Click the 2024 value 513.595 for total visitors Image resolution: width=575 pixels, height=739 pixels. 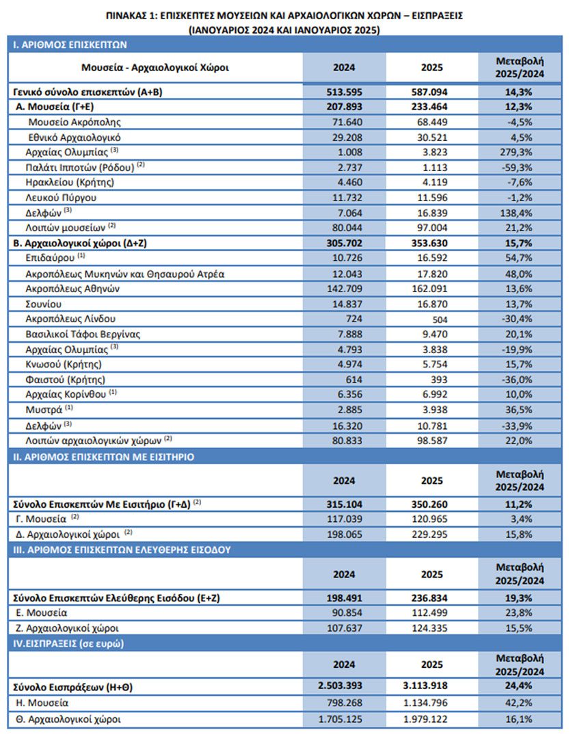click(344, 92)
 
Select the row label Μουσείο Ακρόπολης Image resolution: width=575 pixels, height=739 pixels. click(75, 122)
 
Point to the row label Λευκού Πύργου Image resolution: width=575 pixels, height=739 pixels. click(61, 198)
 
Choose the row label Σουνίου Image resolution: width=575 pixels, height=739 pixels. click(43, 304)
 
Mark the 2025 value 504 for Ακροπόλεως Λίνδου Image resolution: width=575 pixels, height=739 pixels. click(440, 320)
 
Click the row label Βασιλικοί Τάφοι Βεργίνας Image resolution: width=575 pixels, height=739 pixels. click(83, 334)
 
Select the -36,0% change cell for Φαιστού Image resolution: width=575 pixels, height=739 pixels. click(517, 379)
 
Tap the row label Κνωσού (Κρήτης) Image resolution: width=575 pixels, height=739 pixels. click(64, 364)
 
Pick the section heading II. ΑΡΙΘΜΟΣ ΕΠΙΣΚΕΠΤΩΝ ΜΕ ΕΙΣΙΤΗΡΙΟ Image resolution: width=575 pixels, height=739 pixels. click(103, 456)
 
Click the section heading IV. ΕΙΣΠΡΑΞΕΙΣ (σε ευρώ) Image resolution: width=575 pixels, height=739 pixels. click(68, 644)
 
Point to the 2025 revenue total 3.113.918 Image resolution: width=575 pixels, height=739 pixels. click(425, 686)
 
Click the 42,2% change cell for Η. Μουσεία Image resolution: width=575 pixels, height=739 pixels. click(519, 703)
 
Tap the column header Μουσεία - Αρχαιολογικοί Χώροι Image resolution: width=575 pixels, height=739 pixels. click(155, 67)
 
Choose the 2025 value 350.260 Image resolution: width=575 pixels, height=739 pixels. click(430, 504)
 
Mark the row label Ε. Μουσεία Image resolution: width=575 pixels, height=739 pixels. click(42, 612)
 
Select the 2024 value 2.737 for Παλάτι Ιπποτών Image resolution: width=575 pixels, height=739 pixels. click(350, 168)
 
